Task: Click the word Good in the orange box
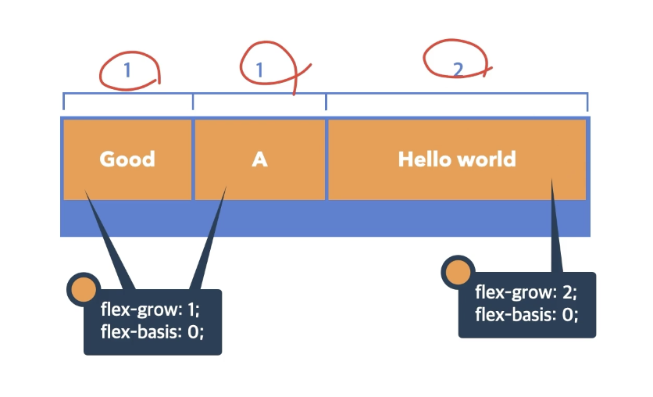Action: [x=127, y=159]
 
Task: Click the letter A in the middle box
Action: [x=259, y=159]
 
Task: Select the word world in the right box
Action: [x=487, y=159]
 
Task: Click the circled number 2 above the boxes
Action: [x=458, y=70]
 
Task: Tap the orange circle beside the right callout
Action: [x=457, y=272]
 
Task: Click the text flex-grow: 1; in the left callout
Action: [x=150, y=308]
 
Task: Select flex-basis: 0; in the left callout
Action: [x=152, y=331]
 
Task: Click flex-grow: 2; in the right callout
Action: [x=526, y=293]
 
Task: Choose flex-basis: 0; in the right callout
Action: [x=526, y=315]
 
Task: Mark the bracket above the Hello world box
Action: [x=457, y=95]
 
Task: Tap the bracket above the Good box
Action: [x=128, y=95]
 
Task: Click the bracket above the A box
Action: [x=259, y=95]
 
